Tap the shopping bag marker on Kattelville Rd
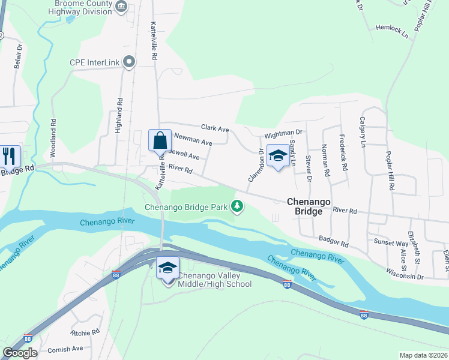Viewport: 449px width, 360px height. click(160, 141)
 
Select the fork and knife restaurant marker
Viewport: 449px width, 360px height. click(10, 156)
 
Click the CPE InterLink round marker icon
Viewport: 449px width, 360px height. click(128, 61)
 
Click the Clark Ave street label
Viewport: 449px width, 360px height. click(215, 128)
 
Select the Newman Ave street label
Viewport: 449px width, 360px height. click(193, 140)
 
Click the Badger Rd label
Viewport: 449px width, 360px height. click(333, 241)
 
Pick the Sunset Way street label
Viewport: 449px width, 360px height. click(392, 243)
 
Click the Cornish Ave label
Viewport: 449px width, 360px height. click(65, 349)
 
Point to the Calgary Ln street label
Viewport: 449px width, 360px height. click(362, 132)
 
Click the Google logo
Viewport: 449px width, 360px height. click(20, 353)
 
